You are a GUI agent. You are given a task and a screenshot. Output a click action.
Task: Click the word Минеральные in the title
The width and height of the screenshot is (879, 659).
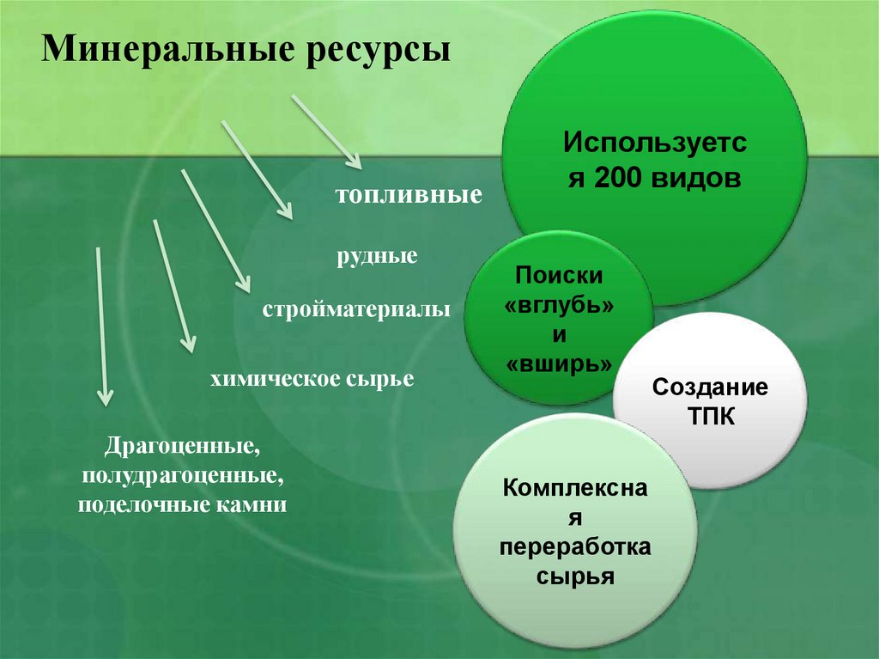pos(161,49)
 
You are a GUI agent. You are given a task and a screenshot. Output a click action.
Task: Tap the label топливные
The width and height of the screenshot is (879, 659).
pos(407,195)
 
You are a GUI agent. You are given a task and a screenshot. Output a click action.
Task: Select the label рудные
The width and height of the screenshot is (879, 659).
pos(379,256)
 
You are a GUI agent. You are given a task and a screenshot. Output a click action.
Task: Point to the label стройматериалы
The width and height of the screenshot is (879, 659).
pos(356,308)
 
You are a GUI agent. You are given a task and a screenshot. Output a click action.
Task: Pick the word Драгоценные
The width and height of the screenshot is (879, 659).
pos(182,447)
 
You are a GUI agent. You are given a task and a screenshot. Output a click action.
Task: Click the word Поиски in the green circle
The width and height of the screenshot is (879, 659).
pos(559,275)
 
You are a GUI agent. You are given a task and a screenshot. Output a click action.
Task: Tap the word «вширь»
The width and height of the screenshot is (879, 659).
pos(559,363)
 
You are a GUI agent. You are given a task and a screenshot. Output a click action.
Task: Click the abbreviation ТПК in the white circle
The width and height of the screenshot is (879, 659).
pos(710,415)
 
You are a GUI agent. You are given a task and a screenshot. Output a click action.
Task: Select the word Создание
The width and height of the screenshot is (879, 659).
pos(710,387)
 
